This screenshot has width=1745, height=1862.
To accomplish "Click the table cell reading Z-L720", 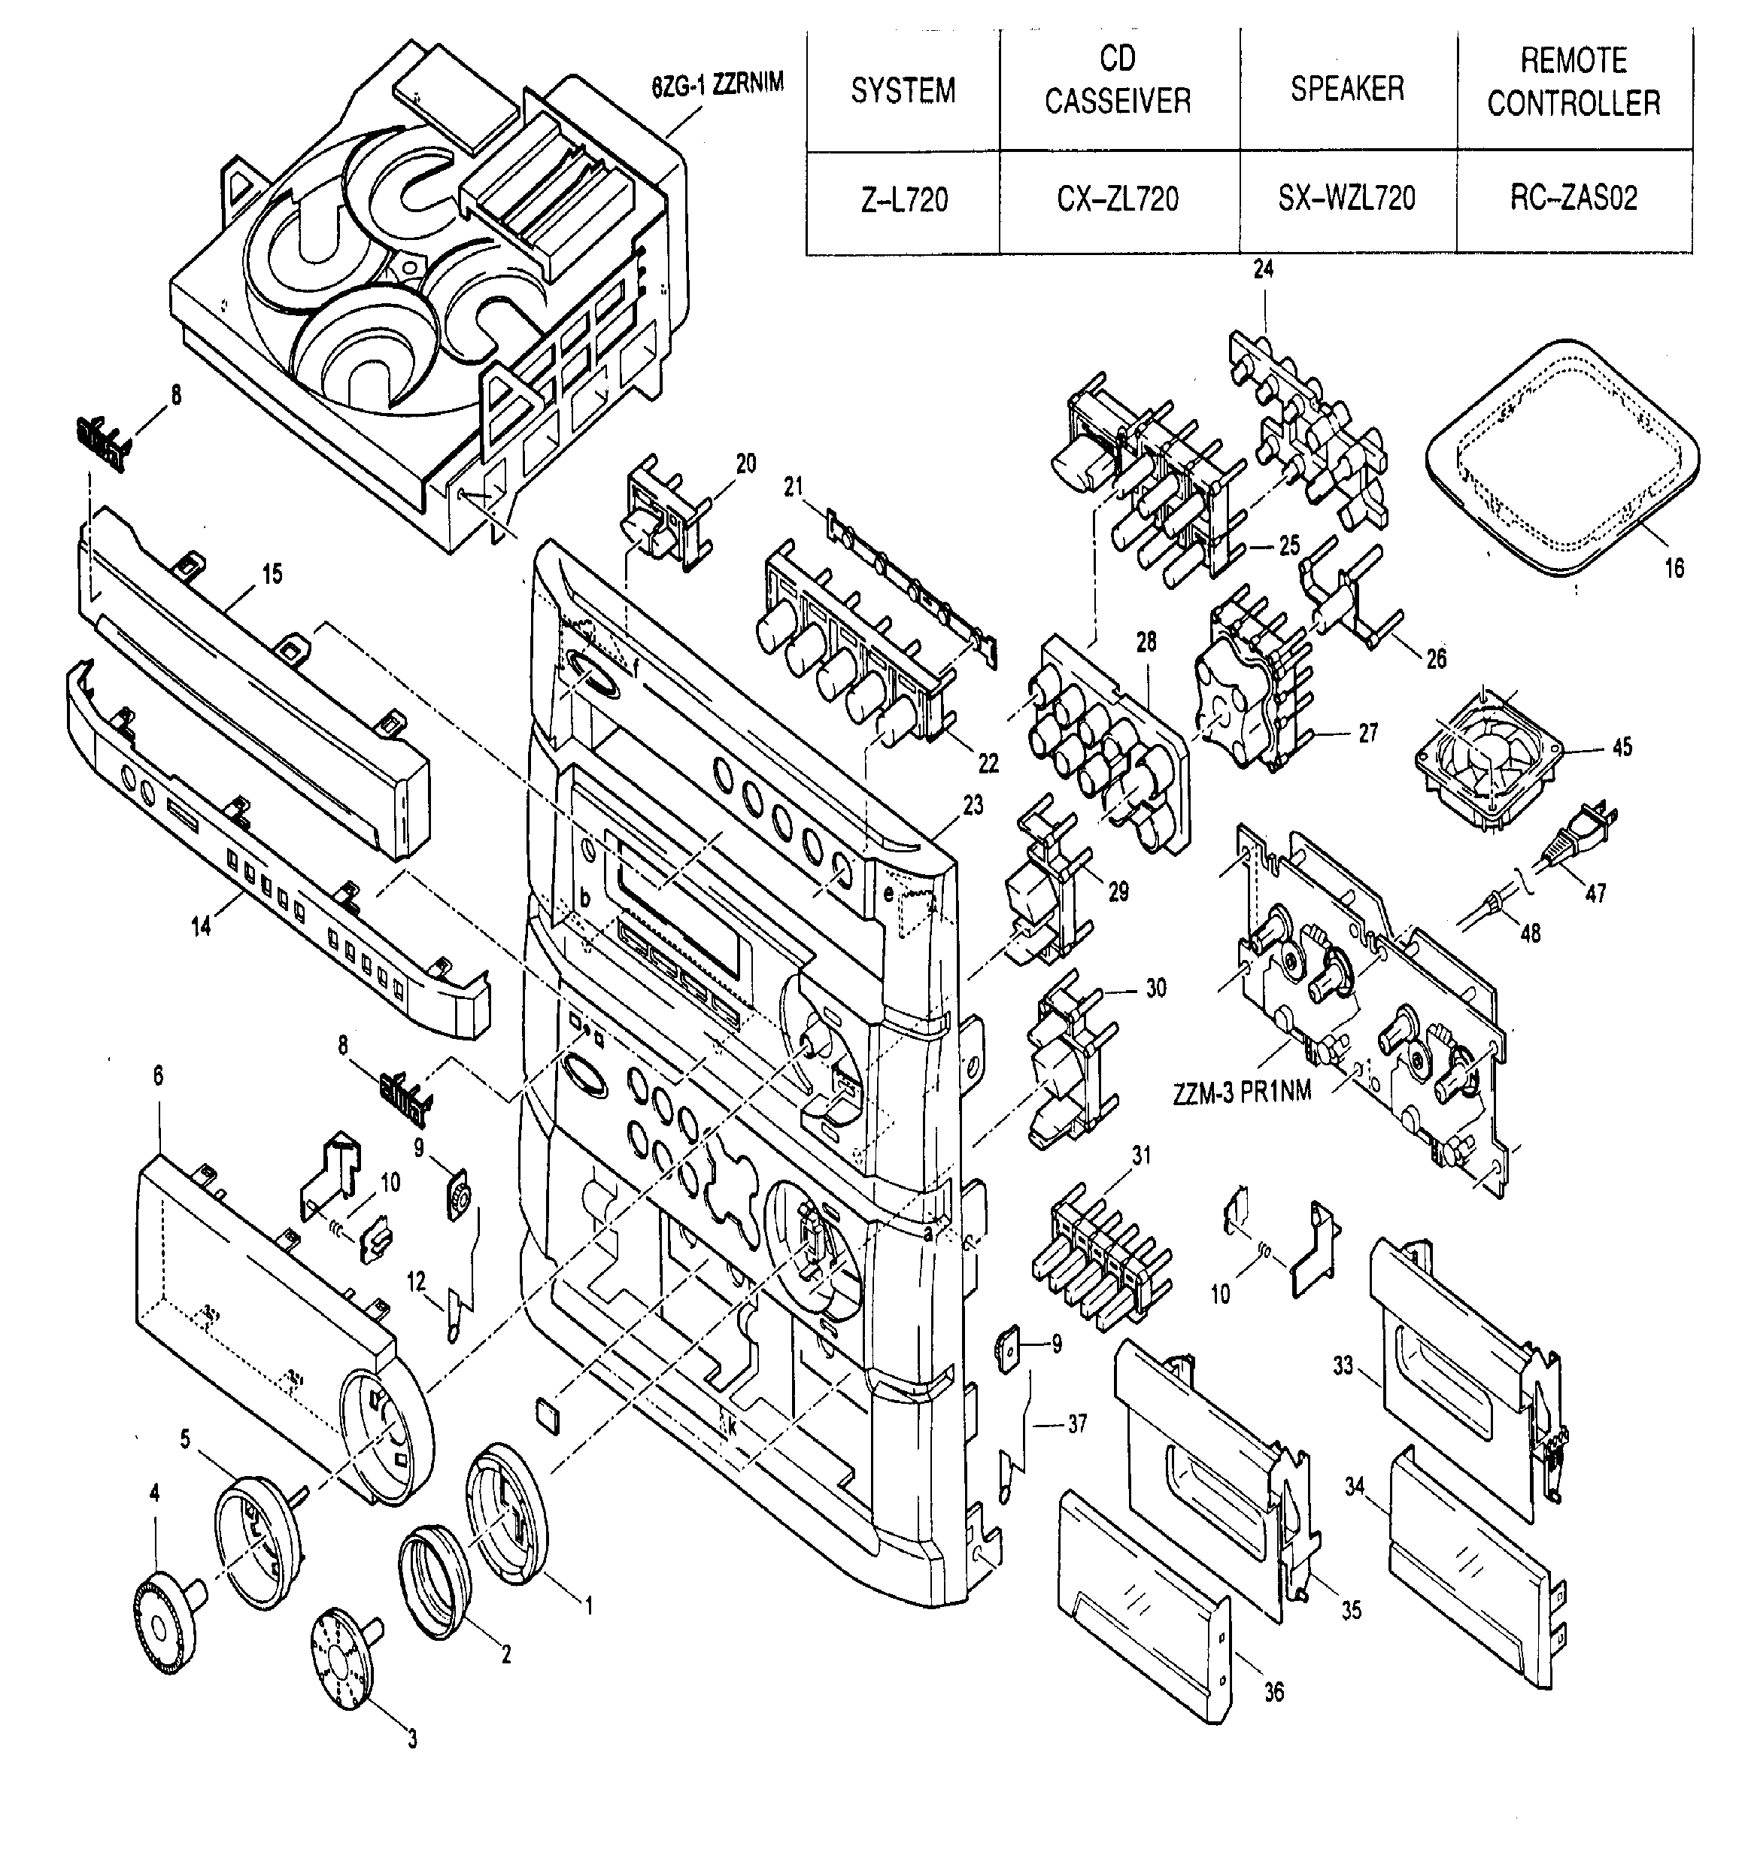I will (x=904, y=199).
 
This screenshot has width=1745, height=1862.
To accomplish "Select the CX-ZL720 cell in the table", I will (x=1118, y=199).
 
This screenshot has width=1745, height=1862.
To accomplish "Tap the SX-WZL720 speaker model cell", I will (x=1347, y=198).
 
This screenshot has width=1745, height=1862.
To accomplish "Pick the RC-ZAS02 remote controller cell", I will (x=1574, y=198).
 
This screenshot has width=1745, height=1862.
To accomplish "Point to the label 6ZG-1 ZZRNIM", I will (x=718, y=84).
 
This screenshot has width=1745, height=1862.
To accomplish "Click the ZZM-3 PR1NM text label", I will (x=1242, y=1092).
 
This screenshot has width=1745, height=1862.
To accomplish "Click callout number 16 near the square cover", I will (x=1674, y=567).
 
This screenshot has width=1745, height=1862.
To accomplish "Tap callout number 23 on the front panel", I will (x=973, y=804).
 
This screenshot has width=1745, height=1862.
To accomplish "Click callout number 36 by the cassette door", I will (x=1274, y=1691).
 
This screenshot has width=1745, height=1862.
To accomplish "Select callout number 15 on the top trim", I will (x=272, y=573).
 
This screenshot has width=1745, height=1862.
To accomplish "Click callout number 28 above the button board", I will (x=1146, y=642).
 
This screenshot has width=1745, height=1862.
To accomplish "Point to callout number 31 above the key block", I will (x=1141, y=1156).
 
